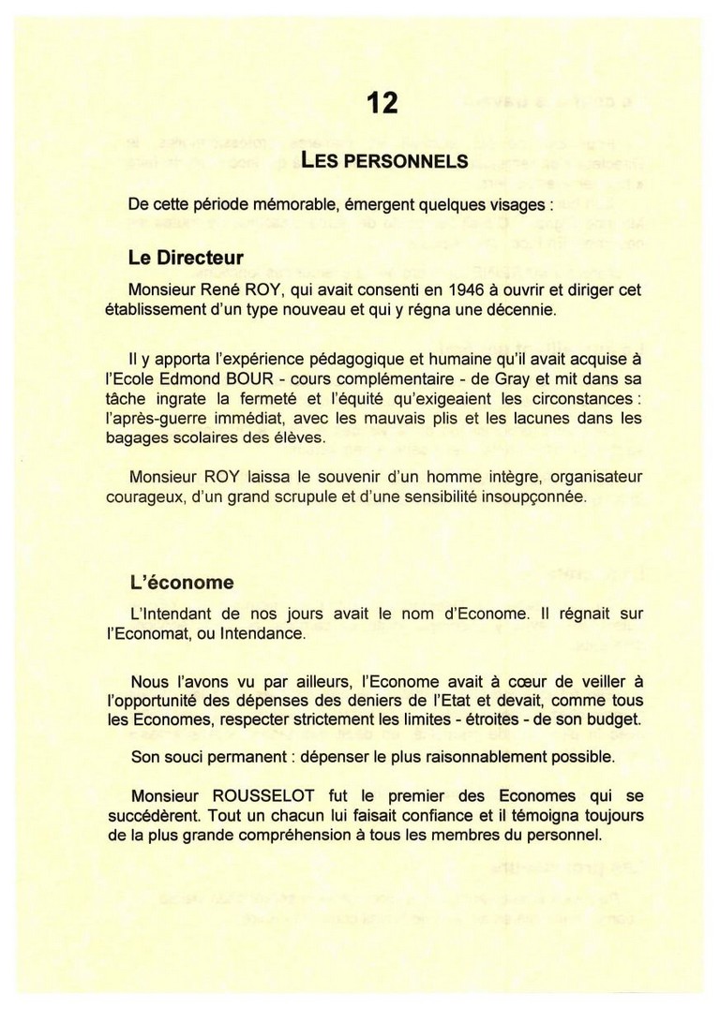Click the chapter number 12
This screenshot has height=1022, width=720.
click(x=382, y=101)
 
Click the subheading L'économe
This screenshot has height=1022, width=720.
click(x=182, y=583)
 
